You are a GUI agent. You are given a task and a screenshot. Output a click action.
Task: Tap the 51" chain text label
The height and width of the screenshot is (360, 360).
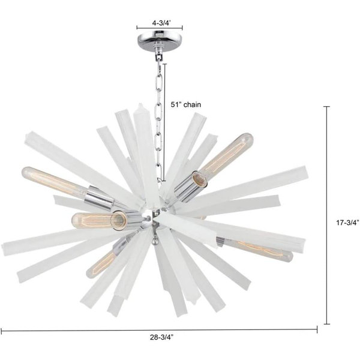coord(186,104)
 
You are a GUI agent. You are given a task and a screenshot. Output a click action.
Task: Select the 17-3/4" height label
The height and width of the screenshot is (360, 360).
coord(347,222)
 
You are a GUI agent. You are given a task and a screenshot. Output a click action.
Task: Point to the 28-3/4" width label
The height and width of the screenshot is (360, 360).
coord(161,337)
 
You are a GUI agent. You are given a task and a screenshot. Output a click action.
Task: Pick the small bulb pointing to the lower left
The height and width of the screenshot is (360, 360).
coord(101,264)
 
